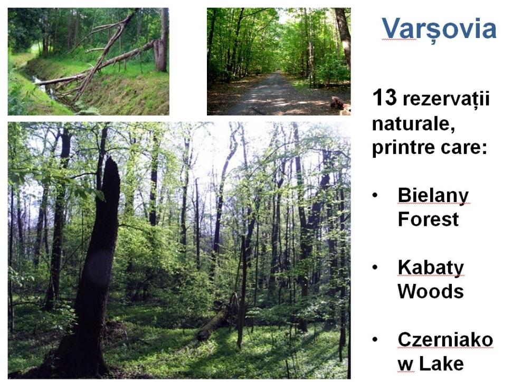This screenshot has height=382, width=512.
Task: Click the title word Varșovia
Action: tap(439, 29)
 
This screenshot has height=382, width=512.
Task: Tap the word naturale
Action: tap(413, 124)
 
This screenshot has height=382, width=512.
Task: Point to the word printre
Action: tap(404, 147)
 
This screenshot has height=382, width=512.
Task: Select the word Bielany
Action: tap(433, 196)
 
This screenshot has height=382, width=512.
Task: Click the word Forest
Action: tap(428, 219)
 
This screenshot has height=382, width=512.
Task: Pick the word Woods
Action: tap(430, 291)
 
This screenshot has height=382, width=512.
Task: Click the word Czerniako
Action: tap(445, 340)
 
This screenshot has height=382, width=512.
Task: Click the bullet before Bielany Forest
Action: tap(375, 195)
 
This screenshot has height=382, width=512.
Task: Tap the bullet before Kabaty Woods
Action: tap(375, 267)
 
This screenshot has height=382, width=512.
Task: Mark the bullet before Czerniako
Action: tap(375, 339)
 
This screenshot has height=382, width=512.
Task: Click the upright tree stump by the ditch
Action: tap(160, 55)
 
